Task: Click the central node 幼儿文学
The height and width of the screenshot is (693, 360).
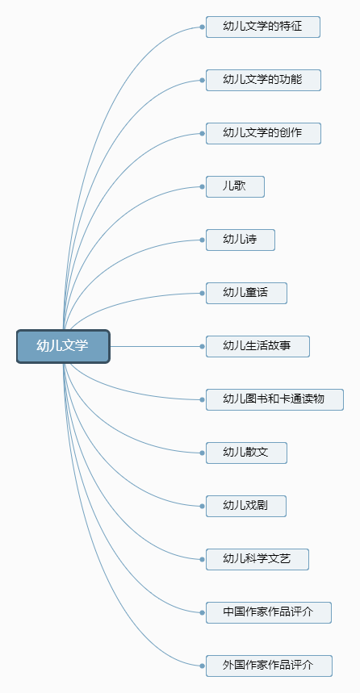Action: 63,347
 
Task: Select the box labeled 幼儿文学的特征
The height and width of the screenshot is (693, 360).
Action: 262,27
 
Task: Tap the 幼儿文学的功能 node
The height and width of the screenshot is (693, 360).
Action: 263,80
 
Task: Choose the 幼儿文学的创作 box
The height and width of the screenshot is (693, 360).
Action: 263,133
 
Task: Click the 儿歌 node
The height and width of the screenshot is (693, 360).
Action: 235,186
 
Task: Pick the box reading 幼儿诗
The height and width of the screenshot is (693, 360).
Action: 241,240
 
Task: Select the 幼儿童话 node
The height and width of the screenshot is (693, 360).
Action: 246,293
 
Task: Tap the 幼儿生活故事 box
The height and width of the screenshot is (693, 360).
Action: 257,347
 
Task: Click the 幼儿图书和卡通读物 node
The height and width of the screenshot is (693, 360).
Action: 274,399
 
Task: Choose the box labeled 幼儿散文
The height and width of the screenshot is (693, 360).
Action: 246,453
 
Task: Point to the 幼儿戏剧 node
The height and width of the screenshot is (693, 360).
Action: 246,506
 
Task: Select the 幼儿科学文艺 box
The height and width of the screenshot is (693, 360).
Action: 257,560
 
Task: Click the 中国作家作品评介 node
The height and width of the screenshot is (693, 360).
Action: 269,612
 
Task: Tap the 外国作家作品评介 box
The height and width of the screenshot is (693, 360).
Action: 269,666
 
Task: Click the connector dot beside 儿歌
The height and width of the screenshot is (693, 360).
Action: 202,187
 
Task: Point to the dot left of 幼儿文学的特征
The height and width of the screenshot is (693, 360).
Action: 202,27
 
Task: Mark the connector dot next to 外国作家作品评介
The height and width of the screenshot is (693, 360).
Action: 202,666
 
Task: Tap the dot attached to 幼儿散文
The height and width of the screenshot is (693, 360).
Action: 202,453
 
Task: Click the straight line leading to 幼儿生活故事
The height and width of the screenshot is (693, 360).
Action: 155,347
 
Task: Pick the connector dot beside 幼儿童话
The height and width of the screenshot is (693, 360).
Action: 202,293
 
